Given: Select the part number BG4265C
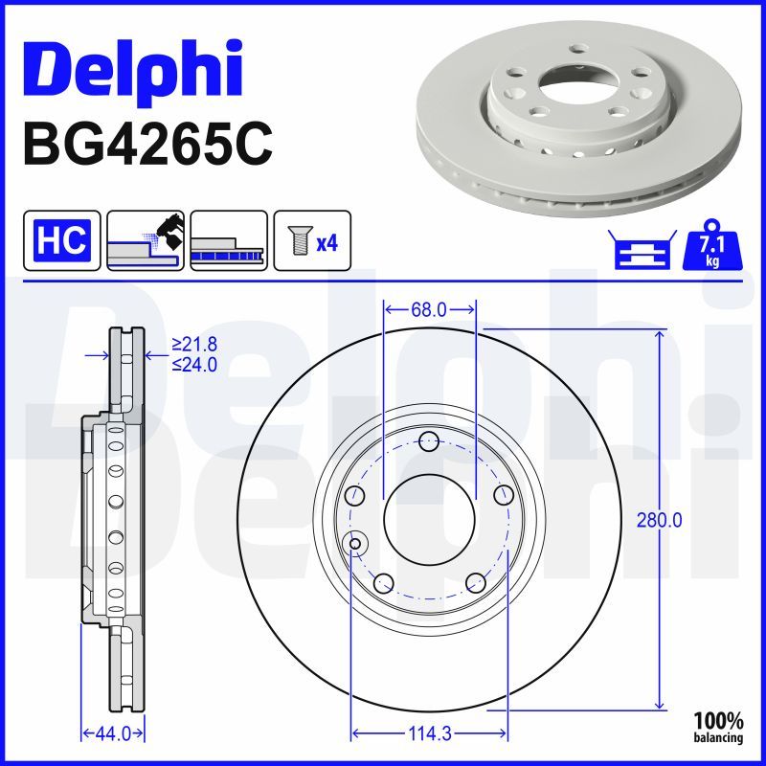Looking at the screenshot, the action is coord(147,145).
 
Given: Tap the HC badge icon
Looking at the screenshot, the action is coord(62,240).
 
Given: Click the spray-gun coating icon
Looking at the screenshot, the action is coord(146,240).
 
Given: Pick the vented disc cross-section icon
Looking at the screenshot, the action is coord(229,240).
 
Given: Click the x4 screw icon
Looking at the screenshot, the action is coord(312,240).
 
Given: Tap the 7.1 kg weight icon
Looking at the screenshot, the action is coord(712,246).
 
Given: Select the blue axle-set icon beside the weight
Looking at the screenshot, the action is coord(642,250).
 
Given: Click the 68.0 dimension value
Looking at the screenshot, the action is coord(429,309).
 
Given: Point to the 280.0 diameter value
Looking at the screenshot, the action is coord(659,521).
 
